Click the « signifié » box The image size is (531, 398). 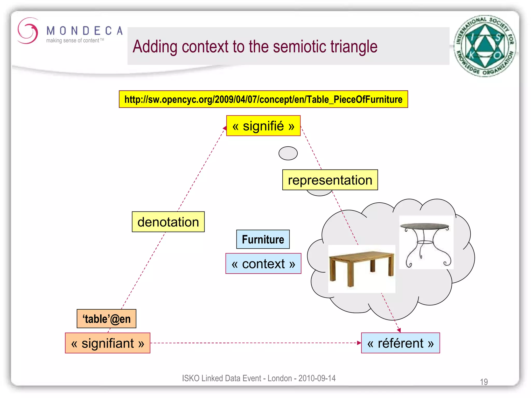pos(263,126)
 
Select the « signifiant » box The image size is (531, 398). pos(108,343)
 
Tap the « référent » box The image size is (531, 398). pos(400,343)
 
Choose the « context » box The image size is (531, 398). pos(263,264)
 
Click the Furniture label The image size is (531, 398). pos(263,239)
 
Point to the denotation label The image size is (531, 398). pos(168,222)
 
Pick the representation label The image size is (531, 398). pos(330,180)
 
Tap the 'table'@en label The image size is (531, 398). pos(107,319)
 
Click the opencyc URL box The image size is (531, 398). pos(263,99)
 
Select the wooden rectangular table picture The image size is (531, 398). pos(361,268)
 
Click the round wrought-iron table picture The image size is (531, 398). pos(426,243)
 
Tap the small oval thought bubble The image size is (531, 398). pos(288,153)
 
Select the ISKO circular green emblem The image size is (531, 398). pos(485,46)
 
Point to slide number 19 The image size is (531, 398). pos(484,382)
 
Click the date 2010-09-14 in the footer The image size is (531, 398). pos(317,378)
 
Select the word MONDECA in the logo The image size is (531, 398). pos(85,31)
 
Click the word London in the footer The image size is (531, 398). pos(280,378)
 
